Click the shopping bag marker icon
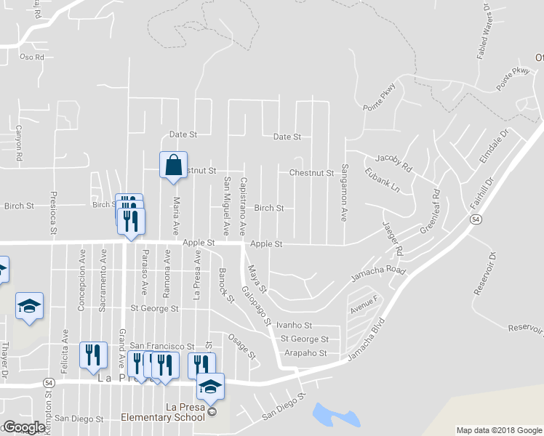coord(174,166)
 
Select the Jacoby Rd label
coord(393,162)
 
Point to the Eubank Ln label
coord(383,181)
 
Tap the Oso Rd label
coord(32,57)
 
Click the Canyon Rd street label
coord(19,140)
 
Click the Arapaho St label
coord(304,353)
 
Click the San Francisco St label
coord(162,347)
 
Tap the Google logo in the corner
coord(24,427)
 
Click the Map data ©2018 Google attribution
coord(498,430)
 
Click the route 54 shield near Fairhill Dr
coord(475,219)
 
